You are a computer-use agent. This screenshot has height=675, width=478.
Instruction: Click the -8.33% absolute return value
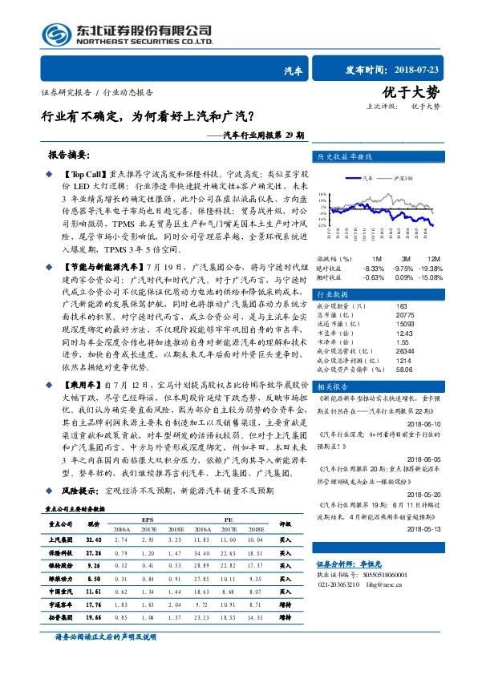click(374, 267)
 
